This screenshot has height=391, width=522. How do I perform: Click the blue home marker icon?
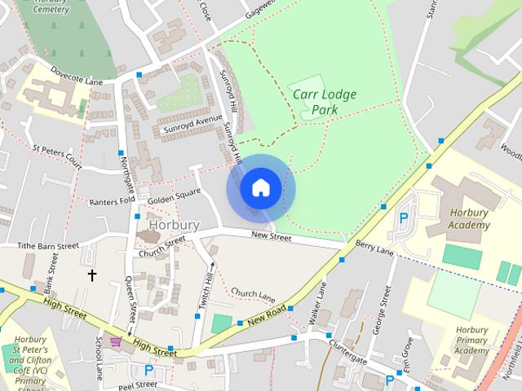coord(260,188)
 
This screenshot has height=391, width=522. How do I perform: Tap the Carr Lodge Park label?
coord(325,103)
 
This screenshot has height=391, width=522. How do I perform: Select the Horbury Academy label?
coord(470,218)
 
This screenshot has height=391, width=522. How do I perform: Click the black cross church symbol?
coord(92,275)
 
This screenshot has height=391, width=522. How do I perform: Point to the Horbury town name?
coord(174,224)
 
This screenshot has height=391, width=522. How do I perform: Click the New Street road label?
coord(272,237)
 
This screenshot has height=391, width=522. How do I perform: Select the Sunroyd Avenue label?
coord(193,124)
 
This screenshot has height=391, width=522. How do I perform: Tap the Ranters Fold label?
coord(111,201)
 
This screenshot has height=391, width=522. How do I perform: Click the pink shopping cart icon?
coord(116,341)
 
